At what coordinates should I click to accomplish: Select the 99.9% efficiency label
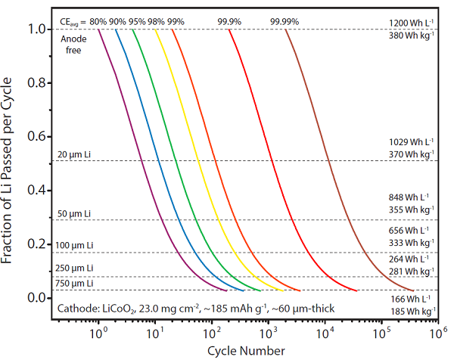point(229,20)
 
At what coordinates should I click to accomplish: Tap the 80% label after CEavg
point(97,20)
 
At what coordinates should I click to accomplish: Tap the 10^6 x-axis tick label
point(438,332)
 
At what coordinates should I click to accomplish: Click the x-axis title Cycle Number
point(246,350)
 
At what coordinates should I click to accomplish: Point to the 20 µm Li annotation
point(73,155)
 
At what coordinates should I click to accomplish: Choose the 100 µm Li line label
point(76,246)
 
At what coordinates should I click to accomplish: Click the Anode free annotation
point(71,43)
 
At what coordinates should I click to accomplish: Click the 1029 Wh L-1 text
point(409,141)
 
